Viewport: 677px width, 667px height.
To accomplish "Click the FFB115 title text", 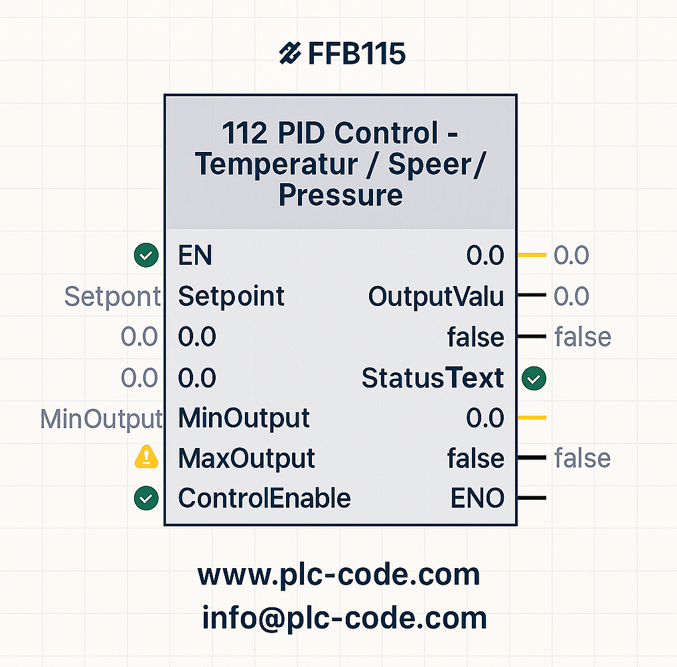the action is point(356,54).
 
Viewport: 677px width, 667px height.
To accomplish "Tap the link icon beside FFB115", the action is point(289,53).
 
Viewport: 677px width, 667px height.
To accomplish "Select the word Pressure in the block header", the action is point(340,196).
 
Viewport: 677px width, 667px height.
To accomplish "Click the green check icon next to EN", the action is point(147,255).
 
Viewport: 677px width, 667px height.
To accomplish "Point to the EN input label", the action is point(195,255).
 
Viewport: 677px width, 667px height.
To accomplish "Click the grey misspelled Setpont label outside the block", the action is point(113,297).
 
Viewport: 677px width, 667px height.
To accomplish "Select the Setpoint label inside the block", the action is point(232,296).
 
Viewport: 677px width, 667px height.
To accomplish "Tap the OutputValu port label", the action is point(436,296).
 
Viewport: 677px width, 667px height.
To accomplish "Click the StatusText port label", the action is point(433,378).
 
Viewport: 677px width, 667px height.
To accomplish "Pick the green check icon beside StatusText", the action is point(534,378).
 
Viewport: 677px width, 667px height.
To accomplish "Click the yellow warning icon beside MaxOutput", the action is point(147,457).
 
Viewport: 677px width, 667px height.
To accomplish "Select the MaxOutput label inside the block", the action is point(246,458).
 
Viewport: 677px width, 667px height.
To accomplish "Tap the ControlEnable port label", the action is point(265,498).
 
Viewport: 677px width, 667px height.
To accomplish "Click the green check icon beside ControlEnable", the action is point(147,498).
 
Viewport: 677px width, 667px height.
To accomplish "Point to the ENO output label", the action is point(477,498).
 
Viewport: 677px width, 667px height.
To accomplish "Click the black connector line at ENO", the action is point(532,498).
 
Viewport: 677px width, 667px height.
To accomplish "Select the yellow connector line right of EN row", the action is point(532,255).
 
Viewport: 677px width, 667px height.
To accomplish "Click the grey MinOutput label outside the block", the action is point(102,419).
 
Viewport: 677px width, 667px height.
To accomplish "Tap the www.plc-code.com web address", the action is point(339,575).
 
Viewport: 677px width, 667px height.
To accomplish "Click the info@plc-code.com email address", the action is point(344,618).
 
